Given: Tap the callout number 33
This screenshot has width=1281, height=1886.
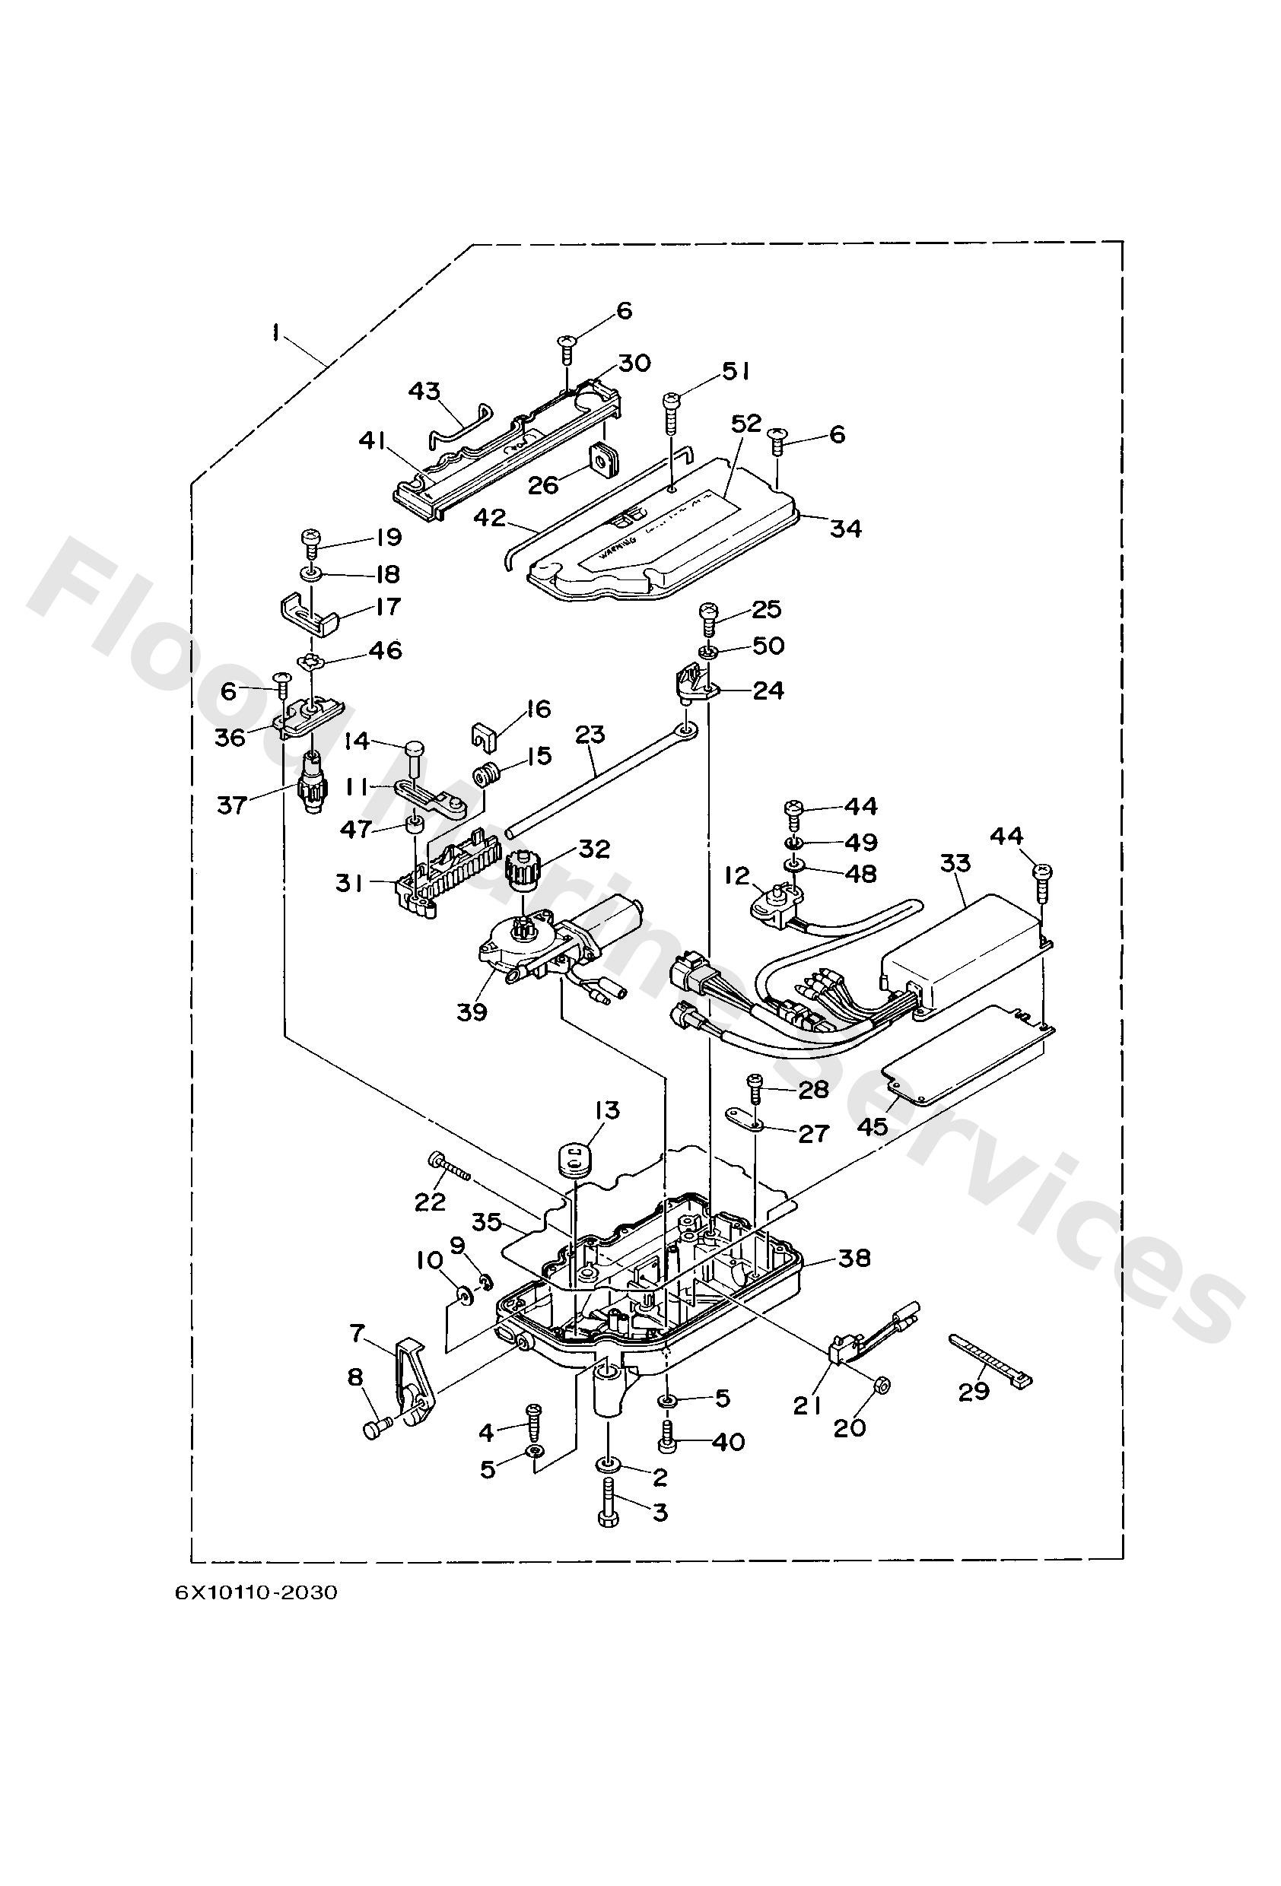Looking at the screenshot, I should coord(955,862).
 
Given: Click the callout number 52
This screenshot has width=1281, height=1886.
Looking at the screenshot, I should coord(747,424).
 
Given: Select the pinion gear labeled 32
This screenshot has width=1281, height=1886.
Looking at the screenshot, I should coord(520,870).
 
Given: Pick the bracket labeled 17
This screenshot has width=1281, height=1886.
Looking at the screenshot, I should coord(310,617).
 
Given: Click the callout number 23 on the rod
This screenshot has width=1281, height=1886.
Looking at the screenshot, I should coord(590,735).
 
